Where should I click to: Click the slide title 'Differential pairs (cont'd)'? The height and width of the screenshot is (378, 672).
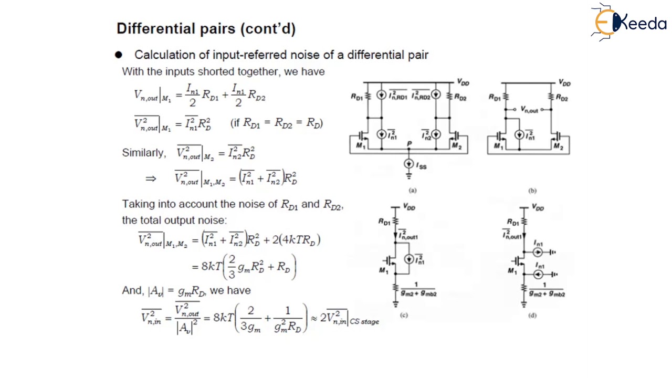pyautogui.click(x=206, y=28)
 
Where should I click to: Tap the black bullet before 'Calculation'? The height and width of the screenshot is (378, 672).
pyautogui.click(x=119, y=55)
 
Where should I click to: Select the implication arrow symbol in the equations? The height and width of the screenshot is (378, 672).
pyautogui.click(x=151, y=178)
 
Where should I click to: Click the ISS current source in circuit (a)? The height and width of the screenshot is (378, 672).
pyautogui.click(x=408, y=164)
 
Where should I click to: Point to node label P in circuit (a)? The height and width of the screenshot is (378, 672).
pyautogui.click(x=409, y=143)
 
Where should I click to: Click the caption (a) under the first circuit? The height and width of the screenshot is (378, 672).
pyautogui.click(x=412, y=191)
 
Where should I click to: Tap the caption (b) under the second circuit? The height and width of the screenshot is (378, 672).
pyautogui.click(x=532, y=191)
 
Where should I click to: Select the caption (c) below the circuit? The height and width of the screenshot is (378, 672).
pyautogui.click(x=404, y=315)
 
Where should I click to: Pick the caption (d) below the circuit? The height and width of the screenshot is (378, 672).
pyautogui.click(x=532, y=315)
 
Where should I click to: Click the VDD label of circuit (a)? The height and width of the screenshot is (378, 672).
pyautogui.click(x=463, y=82)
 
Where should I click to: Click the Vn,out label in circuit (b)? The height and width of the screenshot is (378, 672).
pyautogui.click(x=529, y=110)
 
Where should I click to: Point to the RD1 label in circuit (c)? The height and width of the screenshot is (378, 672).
pyautogui.click(x=384, y=222)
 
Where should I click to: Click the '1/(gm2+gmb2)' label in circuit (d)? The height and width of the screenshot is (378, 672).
pyautogui.click(x=547, y=290)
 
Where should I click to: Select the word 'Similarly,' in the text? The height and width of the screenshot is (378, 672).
pyautogui.click(x=143, y=153)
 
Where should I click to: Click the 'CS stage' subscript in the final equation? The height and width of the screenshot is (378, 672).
pyautogui.click(x=364, y=321)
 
